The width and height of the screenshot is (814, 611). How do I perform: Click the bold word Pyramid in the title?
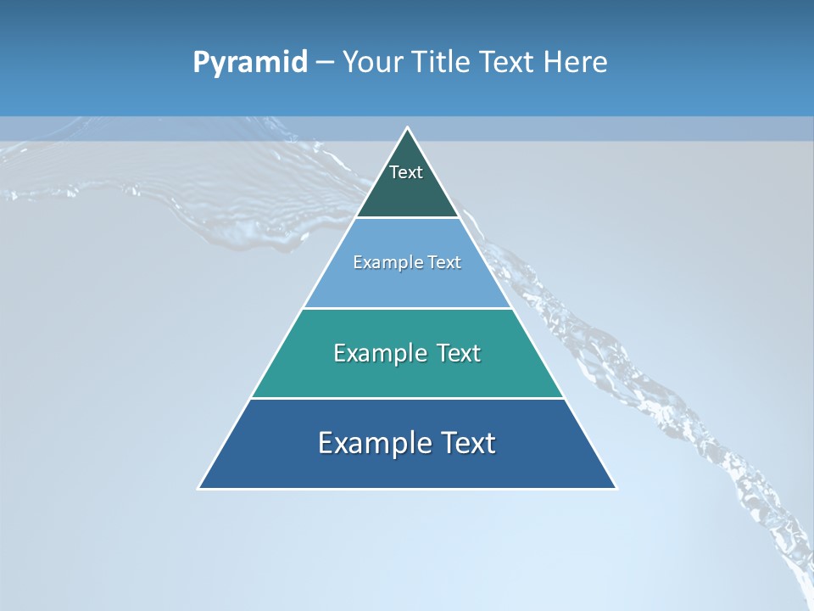pos(250,62)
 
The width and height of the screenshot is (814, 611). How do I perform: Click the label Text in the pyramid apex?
pos(406,172)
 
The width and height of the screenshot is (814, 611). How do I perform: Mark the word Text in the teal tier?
pos(459,353)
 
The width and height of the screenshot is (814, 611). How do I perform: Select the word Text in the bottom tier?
pos(469,443)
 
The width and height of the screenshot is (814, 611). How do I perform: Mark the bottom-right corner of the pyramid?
pos(616,488)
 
